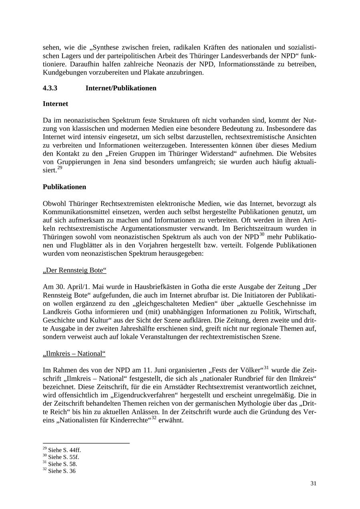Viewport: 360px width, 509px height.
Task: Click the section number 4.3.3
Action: tap(50, 88)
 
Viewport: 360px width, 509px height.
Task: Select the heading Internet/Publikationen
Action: tap(121, 88)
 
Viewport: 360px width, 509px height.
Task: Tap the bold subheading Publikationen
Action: tap(64, 187)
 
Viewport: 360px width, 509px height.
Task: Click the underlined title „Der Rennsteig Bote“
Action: tap(74, 270)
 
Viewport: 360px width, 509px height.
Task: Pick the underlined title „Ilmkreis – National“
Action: tap(74, 354)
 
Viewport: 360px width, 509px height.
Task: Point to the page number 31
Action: tap(313, 483)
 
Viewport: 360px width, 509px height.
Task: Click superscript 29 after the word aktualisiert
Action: tap(60, 168)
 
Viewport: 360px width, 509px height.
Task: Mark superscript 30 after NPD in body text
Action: tap(262, 234)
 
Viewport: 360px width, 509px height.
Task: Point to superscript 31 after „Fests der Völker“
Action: tap(266, 367)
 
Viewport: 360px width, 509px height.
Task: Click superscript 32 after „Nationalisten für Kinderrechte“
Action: tap(154, 418)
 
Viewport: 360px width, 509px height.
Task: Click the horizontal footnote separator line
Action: tap(86, 443)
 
